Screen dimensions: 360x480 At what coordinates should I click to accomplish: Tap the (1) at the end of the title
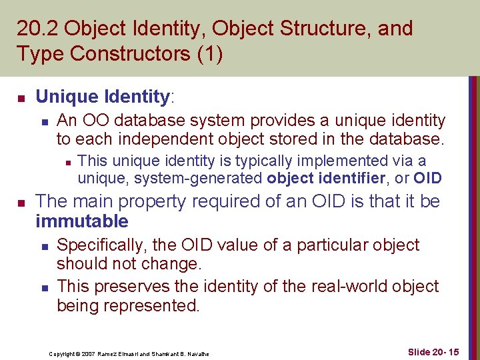click(x=209, y=53)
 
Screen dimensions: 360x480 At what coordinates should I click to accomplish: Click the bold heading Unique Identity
click(x=102, y=97)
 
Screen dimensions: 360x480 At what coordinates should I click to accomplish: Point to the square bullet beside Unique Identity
click(x=21, y=99)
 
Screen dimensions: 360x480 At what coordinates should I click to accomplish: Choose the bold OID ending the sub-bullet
click(x=427, y=177)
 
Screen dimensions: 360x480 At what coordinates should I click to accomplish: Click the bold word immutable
click(x=81, y=221)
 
